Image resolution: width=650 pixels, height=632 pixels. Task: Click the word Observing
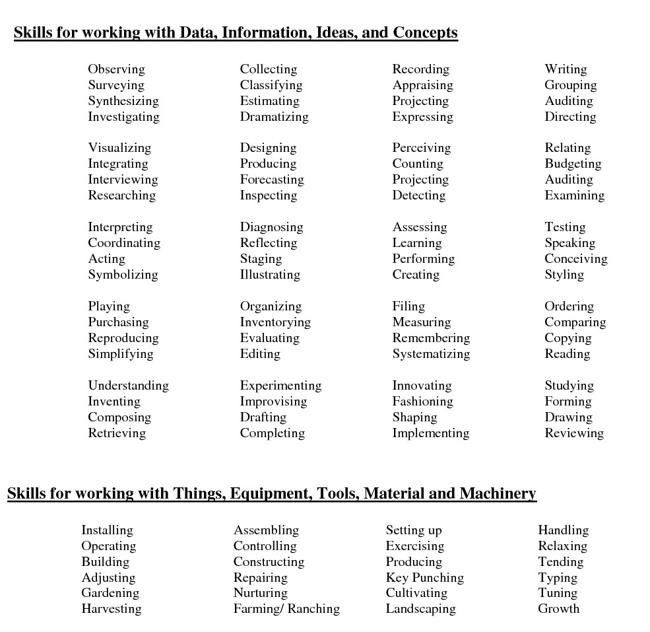[116, 69]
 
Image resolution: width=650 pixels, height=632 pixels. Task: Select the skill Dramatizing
[274, 117]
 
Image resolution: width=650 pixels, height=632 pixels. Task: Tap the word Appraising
[422, 85]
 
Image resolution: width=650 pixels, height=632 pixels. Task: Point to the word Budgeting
[573, 164]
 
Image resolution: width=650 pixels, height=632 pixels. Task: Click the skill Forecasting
[272, 180]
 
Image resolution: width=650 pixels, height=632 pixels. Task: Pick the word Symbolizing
[123, 275]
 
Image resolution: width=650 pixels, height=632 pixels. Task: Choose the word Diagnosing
[271, 227]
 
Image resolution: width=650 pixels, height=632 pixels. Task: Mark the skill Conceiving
[575, 259]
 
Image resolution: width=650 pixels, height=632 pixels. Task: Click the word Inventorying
[275, 322]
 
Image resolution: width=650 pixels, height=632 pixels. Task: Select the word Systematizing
[431, 354]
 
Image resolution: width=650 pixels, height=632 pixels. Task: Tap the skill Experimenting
[280, 386]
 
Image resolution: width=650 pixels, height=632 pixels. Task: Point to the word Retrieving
[117, 433]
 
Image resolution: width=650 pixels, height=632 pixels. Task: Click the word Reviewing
[574, 433]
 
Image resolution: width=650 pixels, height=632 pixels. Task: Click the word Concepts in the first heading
[425, 32]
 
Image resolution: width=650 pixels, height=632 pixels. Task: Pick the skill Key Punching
[424, 578]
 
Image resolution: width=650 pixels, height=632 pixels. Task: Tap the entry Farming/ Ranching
[286, 609]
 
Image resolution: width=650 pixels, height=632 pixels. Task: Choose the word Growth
[558, 609]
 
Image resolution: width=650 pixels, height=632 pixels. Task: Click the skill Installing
[107, 530]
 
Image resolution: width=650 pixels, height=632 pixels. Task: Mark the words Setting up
[414, 530]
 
